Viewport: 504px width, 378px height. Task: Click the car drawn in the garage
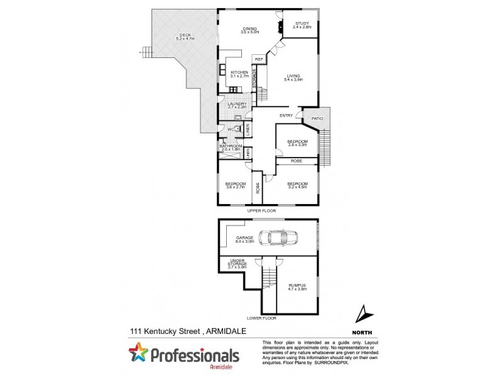[278, 238]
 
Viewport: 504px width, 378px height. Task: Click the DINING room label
[249, 28]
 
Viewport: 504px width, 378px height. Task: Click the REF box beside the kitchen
[258, 60]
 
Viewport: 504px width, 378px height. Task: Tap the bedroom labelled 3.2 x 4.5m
[297, 185]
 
